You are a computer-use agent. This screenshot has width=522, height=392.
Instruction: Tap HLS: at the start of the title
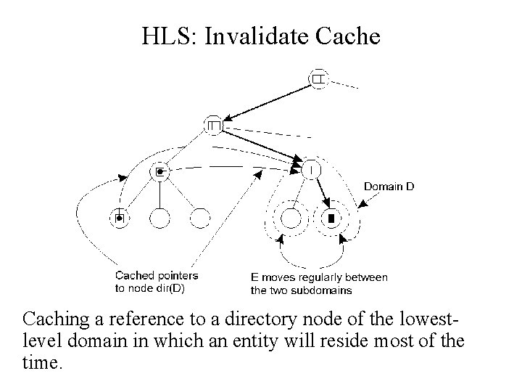point(172,36)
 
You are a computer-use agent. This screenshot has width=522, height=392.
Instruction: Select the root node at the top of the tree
point(318,78)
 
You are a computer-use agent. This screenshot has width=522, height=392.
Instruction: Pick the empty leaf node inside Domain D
point(291,218)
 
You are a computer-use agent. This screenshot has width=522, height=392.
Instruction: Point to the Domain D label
point(389,187)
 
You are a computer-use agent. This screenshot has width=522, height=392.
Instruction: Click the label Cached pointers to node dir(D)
point(157,282)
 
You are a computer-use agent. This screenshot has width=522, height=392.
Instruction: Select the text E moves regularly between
point(319,277)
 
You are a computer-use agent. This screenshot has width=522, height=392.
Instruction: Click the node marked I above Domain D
point(310,169)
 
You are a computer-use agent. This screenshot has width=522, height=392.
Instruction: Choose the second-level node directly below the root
point(214,126)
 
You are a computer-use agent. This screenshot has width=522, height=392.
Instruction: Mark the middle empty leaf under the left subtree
point(159,217)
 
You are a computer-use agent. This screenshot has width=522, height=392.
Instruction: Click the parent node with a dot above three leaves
point(160,171)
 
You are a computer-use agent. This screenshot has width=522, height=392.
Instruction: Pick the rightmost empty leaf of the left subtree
point(199,217)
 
